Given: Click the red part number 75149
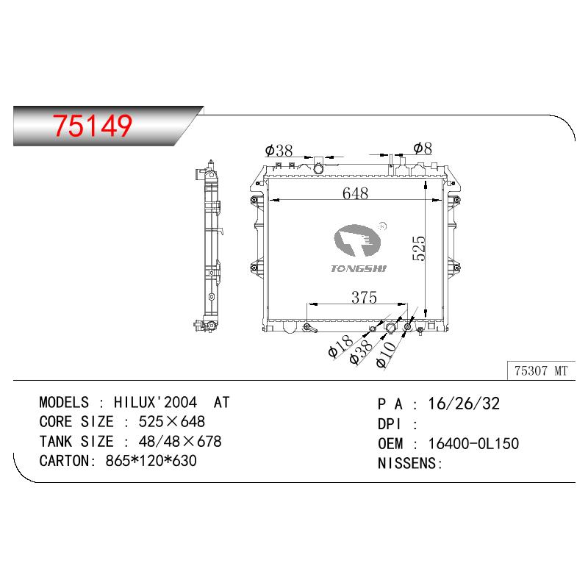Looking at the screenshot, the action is tap(93, 125).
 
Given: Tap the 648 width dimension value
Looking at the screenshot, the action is tap(355, 193).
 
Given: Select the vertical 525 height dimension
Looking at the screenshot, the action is tap(418, 248).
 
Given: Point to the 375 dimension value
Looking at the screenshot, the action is tap(364, 298).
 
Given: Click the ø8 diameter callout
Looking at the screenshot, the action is tap(423, 148).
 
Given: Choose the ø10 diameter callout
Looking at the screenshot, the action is tap(386, 354).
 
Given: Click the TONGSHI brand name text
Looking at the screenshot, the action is tap(359, 268).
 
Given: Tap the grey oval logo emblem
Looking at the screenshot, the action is tap(357, 240).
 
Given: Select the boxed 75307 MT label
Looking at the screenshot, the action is tap(541, 371).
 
